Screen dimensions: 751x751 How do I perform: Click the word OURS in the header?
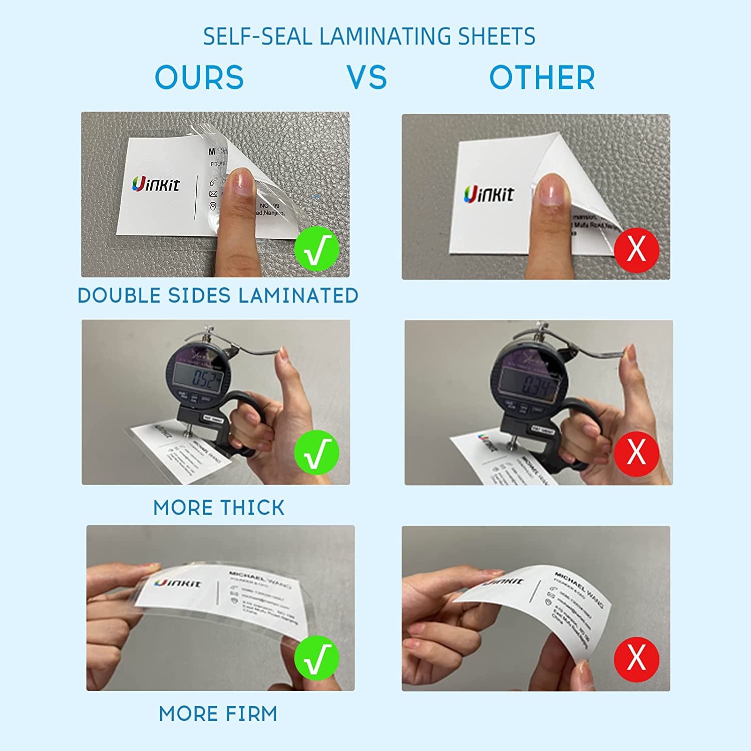coord(199,78)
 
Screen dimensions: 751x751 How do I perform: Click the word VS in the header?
coord(367,78)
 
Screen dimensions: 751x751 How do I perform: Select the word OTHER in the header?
coord(542,78)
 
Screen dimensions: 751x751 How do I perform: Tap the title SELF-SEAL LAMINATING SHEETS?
coord(369,37)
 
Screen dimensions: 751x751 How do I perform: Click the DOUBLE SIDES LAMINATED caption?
coord(218,295)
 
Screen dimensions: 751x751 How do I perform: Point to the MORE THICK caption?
coord(219,508)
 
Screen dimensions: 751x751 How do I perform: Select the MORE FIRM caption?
coord(218,713)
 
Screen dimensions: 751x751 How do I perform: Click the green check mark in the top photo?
coord(316,249)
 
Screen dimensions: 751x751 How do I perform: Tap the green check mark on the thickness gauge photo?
coord(316,453)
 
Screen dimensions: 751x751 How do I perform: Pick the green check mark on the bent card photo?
coord(316,658)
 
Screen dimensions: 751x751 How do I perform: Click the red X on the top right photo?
coord(636,249)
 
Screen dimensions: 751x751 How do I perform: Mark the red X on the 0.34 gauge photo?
coord(636,453)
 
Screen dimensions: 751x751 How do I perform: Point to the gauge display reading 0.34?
coord(531,384)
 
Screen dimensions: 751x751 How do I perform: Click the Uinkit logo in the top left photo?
coord(156,184)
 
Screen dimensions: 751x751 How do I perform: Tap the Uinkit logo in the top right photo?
coord(488,194)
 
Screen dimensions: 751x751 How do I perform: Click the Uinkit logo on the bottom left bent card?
coord(178,583)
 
